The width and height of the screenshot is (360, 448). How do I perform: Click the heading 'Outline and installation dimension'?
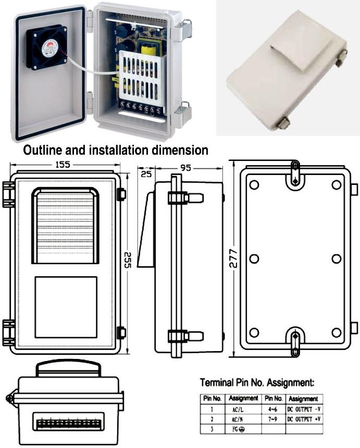pyautogui.click(x=116, y=151)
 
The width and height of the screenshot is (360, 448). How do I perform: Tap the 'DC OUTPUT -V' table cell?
pyautogui.click(x=303, y=409)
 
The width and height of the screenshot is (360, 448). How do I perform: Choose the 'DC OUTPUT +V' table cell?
pyautogui.click(x=303, y=419)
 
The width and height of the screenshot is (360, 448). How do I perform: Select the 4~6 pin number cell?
pyautogui.click(x=272, y=409)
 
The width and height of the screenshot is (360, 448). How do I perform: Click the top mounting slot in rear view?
pyautogui.click(x=295, y=173)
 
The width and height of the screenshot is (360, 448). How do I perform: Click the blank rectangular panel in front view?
pyautogui.click(x=66, y=307)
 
